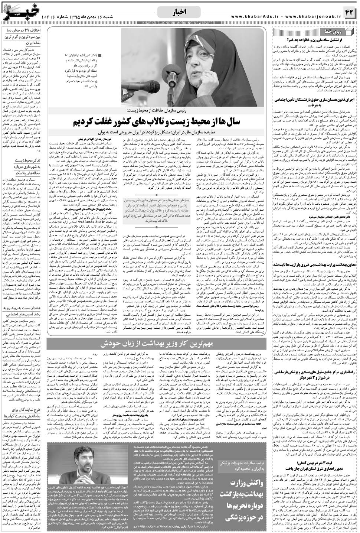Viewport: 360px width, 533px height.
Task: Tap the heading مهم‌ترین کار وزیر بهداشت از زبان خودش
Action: pos(157,345)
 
